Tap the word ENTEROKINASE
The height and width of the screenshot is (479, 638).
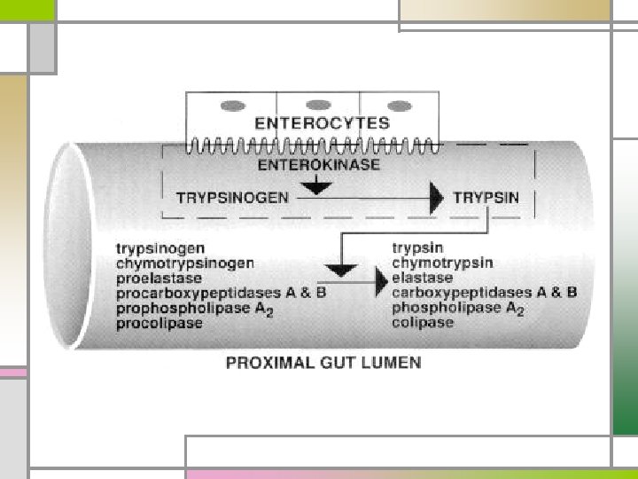tap(318, 165)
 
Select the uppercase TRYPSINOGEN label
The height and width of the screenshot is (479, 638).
tap(233, 198)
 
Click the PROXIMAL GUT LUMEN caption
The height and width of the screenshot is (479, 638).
tap(323, 362)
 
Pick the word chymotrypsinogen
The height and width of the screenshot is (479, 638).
tap(184, 263)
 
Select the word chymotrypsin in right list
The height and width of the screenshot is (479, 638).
tap(443, 263)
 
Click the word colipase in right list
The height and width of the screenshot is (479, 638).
tap(423, 323)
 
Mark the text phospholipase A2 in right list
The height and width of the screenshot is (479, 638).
tap(458, 308)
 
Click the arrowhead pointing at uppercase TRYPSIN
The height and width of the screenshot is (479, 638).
tap(435, 198)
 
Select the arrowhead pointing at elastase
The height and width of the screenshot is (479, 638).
tap(378, 279)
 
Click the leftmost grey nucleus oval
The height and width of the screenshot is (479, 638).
tap(232, 106)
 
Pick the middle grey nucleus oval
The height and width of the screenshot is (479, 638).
tap(317, 106)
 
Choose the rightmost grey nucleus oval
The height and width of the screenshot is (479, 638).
tap(401, 106)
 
